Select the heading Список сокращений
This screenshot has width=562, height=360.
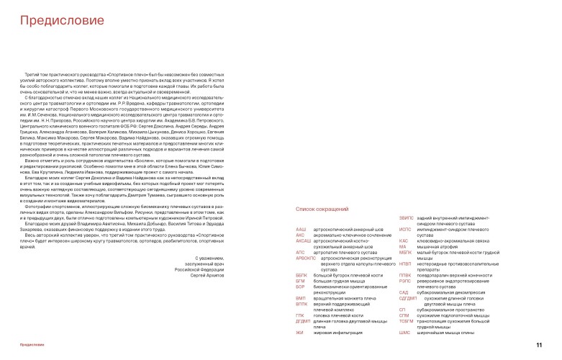(322, 209)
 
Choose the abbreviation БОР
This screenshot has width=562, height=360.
(301, 286)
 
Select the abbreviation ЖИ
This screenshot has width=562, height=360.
(299, 333)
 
